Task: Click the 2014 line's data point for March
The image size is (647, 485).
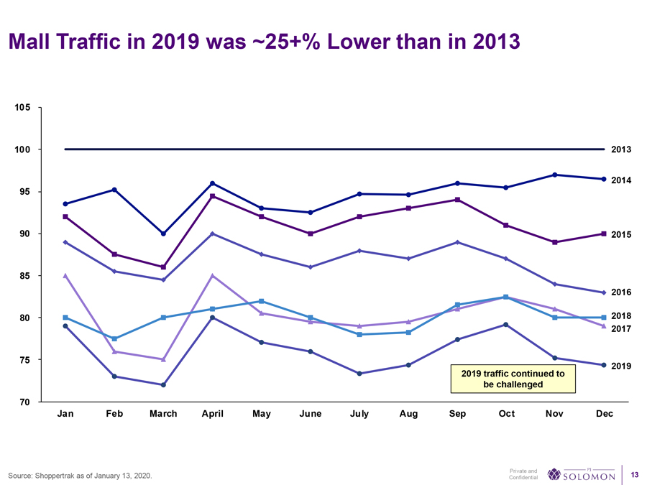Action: (163, 234)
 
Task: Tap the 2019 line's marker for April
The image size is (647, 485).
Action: (213, 318)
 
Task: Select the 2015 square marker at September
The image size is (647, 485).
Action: (457, 200)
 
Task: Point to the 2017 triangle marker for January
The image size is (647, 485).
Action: (65, 276)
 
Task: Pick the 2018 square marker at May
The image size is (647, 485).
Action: (262, 301)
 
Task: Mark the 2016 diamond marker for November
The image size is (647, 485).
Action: (555, 284)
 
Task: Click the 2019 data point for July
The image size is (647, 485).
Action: (359, 374)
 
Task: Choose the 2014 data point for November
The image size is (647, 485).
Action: (555, 175)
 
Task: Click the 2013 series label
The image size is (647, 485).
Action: (621, 149)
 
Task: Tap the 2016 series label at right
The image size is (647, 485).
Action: (621, 292)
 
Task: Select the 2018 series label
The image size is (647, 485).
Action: (621, 316)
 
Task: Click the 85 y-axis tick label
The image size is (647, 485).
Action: (24, 276)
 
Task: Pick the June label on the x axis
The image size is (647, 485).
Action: (310, 414)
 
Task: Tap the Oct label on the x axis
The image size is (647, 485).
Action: (506, 414)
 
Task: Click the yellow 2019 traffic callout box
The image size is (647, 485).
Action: (513, 379)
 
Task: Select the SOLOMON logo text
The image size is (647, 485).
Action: (588, 476)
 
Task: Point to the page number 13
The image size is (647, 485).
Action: (634, 474)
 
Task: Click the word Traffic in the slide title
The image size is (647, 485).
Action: (91, 42)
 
